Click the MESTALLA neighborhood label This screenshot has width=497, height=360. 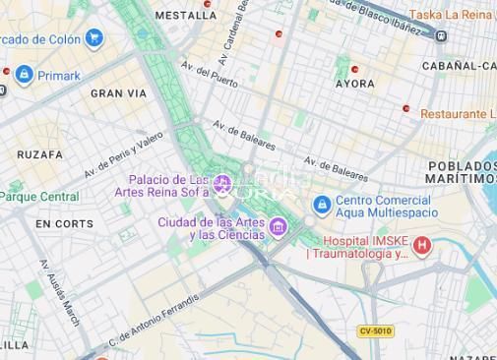click(x=186, y=16)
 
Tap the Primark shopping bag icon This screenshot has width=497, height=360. click(x=25, y=75)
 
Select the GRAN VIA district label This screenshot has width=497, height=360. click(x=118, y=93)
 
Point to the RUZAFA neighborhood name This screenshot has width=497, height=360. click(x=39, y=154)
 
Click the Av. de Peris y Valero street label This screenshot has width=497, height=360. click(x=123, y=154)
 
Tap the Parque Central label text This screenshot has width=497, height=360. click(x=41, y=197)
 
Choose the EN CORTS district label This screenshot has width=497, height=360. click(x=64, y=224)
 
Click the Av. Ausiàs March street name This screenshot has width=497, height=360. click(x=59, y=293)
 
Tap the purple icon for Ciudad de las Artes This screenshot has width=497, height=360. click(x=279, y=229)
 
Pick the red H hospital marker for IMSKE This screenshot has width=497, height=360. click(x=422, y=245)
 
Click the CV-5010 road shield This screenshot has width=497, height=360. click(x=375, y=331)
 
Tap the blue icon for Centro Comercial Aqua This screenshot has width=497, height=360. click(x=321, y=206)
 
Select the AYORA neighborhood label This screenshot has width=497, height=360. click(x=354, y=85)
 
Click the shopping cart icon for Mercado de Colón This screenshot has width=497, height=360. click(x=94, y=39)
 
